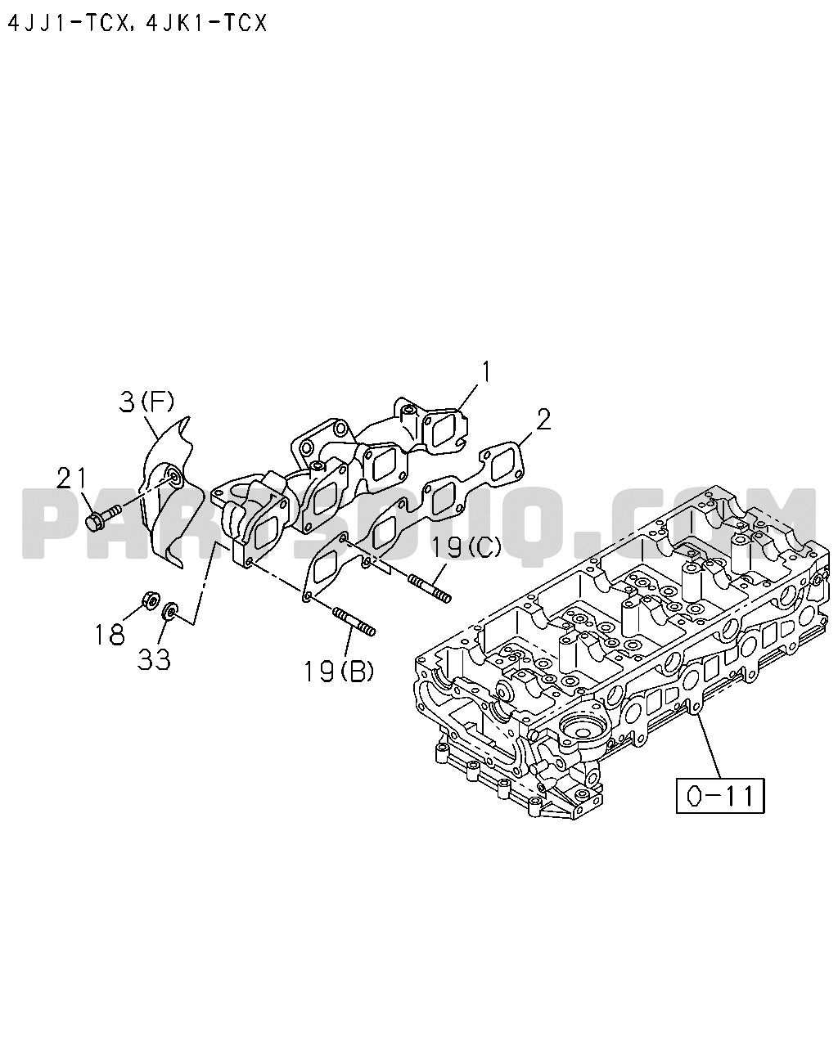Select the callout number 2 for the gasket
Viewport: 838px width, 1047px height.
[x=543, y=420]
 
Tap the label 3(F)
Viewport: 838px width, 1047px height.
[x=146, y=402]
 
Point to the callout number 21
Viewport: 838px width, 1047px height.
[x=71, y=479]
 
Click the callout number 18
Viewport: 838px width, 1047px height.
[x=110, y=635]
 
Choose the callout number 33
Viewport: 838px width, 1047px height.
[x=154, y=660]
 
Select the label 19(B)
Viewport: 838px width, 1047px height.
[x=339, y=672]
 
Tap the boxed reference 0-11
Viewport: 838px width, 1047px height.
[x=720, y=796]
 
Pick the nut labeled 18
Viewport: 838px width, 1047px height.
[x=150, y=601]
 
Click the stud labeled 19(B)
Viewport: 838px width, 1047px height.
[x=354, y=622]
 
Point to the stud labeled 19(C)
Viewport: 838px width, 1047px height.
[x=430, y=589]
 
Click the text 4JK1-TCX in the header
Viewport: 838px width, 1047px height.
[x=207, y=23]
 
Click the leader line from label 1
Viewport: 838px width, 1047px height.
[x=466, y=396]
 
